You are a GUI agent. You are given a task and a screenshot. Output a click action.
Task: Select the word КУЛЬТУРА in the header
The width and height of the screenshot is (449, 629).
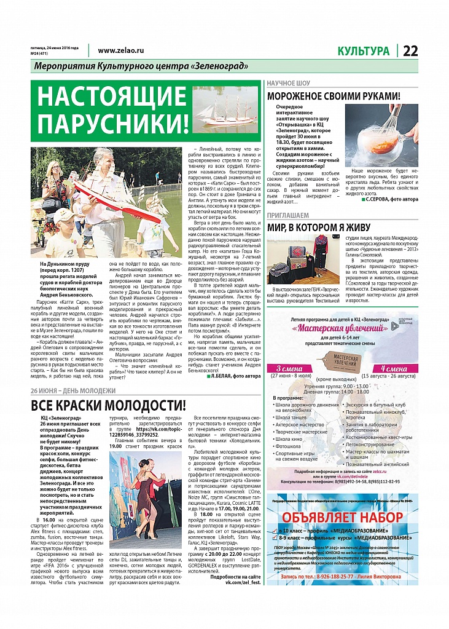(363, 51)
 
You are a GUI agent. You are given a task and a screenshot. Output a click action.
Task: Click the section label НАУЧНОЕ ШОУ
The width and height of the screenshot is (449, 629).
(288, 83)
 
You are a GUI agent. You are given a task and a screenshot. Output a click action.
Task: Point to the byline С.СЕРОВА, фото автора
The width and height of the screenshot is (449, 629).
(391, 200)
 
